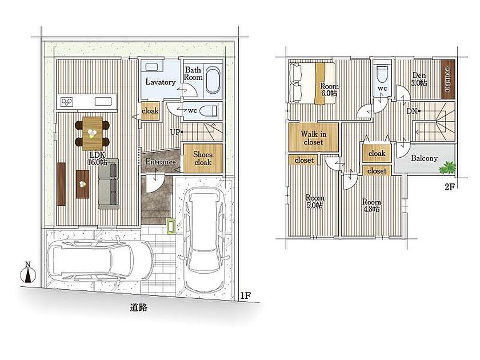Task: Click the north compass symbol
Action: (x=28, y=272)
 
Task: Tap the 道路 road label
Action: (x=139, y=307)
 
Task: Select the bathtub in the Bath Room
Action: (x=213, y=80)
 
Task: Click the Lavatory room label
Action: (x=161, y=82)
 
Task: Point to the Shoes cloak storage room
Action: (x=203, y=158)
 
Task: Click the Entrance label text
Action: (x=161, y=162)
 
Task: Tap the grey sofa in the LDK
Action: (x=109, y=183)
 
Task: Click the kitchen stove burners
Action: (x=67, y=102)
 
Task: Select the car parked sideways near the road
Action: (x=100, y=259)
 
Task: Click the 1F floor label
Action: (x=246, y=295)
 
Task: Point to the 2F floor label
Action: (x=449, y=187)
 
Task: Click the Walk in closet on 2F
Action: (x=314, y=137)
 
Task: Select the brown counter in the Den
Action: (x=447, y=79)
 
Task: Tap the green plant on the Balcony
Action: (x=447, y=167)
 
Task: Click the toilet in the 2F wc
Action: (x=382, y=74)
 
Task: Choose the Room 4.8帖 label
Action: (x=371, y=205)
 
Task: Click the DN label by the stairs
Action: (x=412, y=111)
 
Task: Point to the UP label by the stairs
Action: (x=175, y=132)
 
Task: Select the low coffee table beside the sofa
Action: (x=82, y=184)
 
